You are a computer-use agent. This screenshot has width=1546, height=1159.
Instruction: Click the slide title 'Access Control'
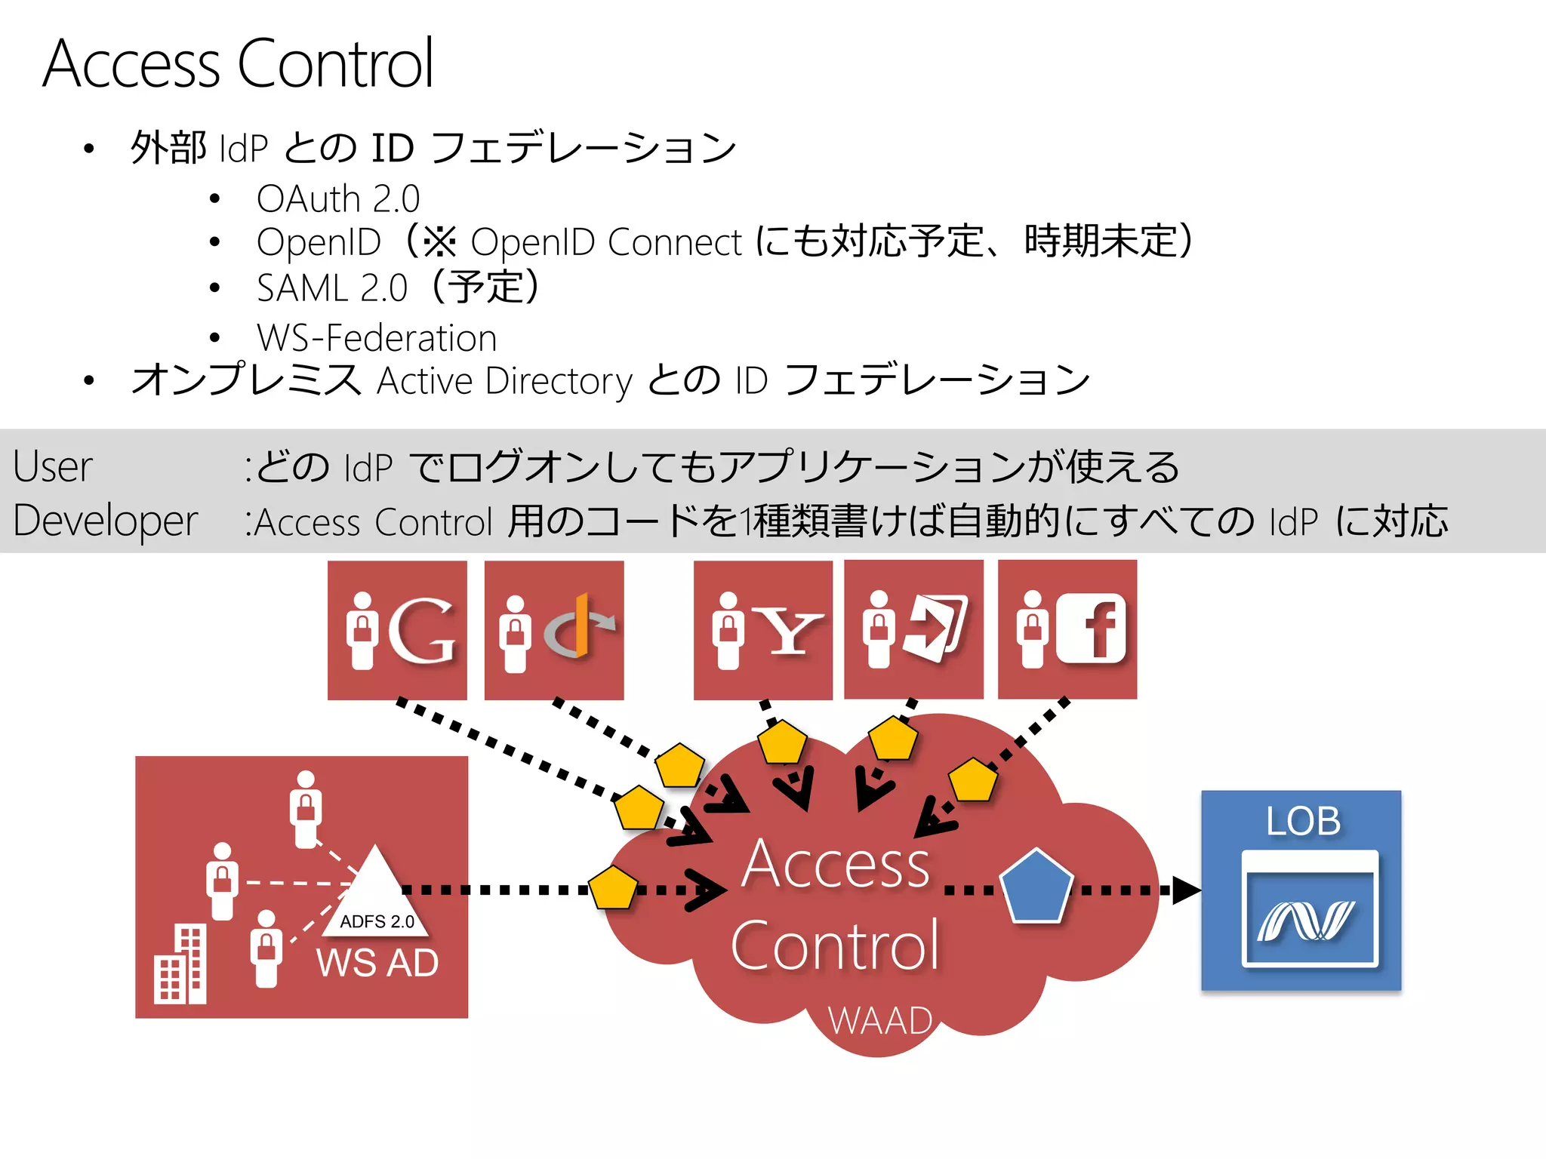click(x=238, y=64)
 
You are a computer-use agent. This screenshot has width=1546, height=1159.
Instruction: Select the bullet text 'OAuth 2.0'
click(x=337, y=199)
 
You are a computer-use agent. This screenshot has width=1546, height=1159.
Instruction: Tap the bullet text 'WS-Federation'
click(x=376, y=338)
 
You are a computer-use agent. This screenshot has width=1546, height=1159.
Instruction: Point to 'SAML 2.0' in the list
click(x=332, y=288)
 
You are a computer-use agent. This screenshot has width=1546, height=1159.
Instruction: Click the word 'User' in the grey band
click(x=53, y=466)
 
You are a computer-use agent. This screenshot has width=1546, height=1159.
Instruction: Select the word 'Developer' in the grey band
click(x=106, y=521)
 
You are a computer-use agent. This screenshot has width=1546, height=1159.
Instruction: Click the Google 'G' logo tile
click(x=397, y=630)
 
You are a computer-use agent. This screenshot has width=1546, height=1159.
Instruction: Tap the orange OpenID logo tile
click(x=554, y=630)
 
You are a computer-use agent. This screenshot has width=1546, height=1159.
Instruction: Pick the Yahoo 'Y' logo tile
click(x=762, y=630)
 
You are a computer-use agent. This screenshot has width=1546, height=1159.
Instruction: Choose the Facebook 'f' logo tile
click(x=1067, y=630)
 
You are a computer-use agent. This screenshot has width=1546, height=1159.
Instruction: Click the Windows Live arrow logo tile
click(x=913, y=630)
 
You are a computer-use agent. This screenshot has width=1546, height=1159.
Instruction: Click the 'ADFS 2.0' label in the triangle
click(x=377, y=921)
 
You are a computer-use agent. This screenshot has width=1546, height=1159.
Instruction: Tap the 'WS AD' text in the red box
click(x=377, y=963)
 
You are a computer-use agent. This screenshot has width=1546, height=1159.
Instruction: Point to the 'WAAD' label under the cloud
click(x=880, y=1021)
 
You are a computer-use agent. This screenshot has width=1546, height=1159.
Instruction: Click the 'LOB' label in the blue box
click(x=1303, y=821)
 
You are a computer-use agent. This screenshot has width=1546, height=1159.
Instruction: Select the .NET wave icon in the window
click(x=1306, y=921)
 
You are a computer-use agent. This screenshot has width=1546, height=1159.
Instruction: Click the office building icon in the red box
click(x=180, y=966)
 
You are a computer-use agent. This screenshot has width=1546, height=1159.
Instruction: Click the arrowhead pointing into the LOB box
click(x=1185, y=890)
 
